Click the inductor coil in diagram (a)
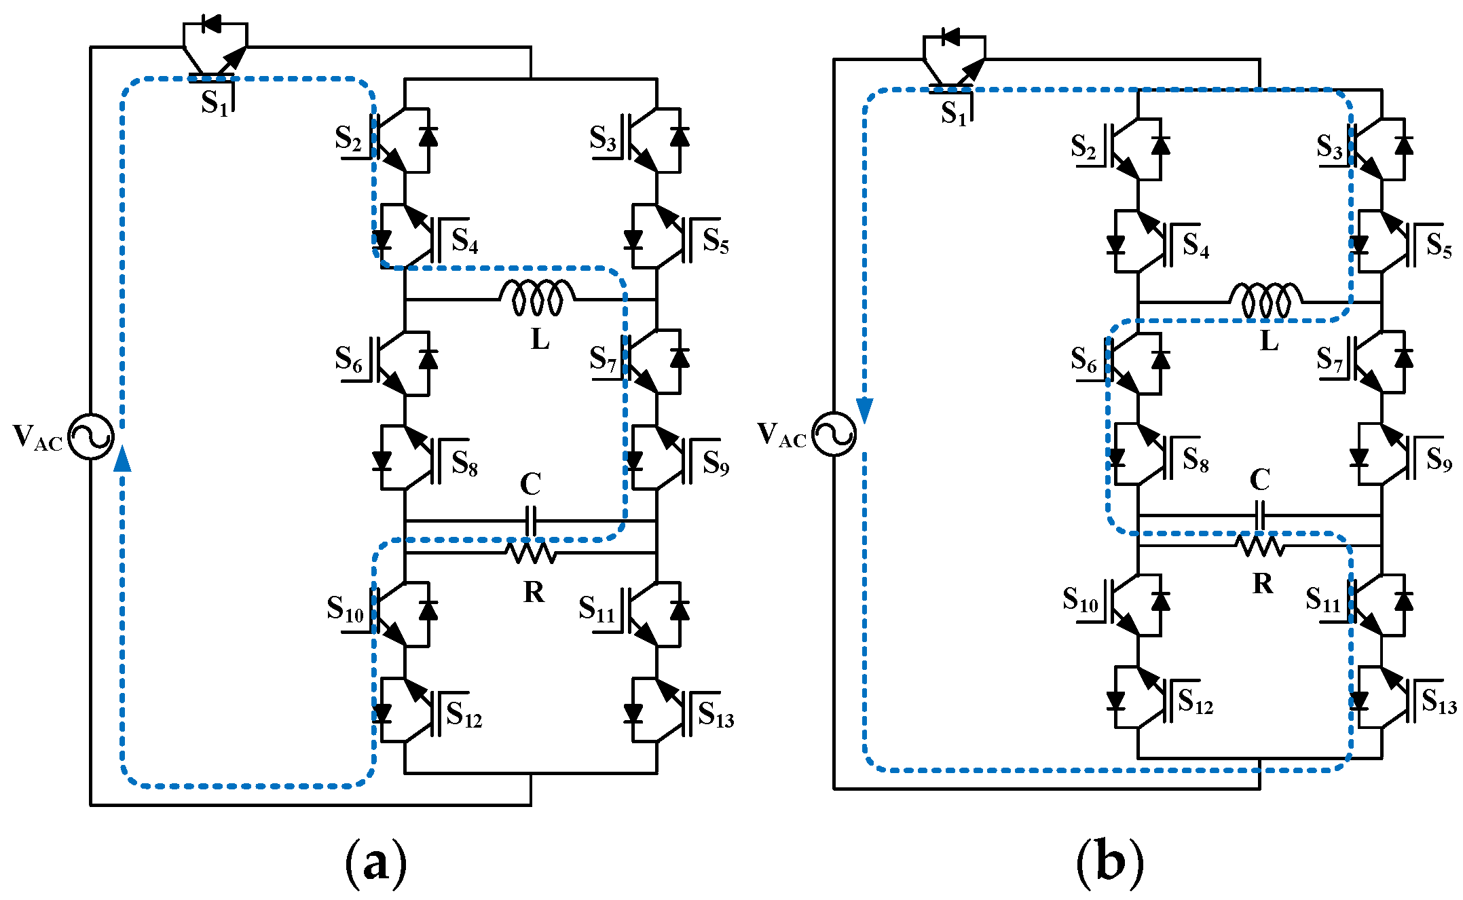537,297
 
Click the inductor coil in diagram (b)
1265,301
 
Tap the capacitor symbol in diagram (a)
531,521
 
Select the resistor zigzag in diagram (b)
1260,546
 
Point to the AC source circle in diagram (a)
91,436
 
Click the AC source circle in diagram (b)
834,434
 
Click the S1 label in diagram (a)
215,103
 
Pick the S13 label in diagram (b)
1439,700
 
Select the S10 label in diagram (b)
1080,600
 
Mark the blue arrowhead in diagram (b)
864,411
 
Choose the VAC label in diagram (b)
782,435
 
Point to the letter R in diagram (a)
534,593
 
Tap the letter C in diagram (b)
1260,480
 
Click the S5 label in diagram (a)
716,241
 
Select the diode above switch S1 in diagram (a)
212,24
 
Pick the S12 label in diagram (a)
464,715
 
